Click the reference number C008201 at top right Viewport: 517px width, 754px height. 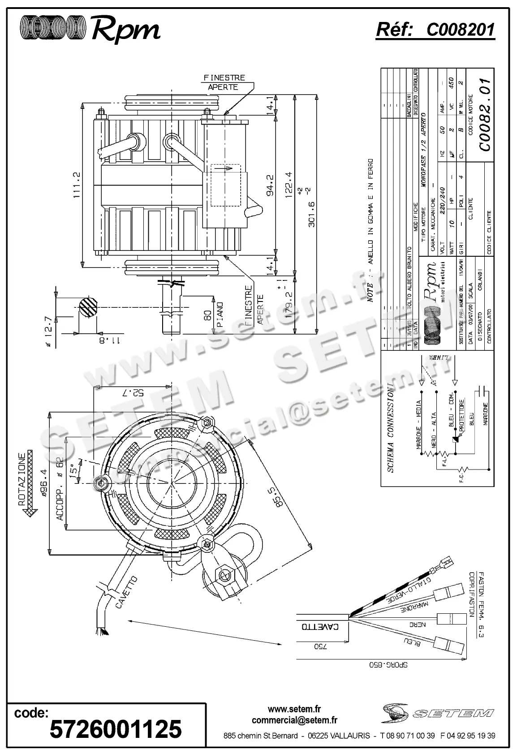(461, 30)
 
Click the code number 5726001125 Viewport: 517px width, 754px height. (116, 729)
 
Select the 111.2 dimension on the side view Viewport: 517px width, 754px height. (76, 185)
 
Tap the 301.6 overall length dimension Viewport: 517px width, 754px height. (311, 213)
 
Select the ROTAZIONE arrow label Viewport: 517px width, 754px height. (22, 479)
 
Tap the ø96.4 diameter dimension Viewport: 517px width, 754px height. (44, 483)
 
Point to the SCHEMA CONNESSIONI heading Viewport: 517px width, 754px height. (390, 427)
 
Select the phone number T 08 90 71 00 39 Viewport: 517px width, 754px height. (407, 736)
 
